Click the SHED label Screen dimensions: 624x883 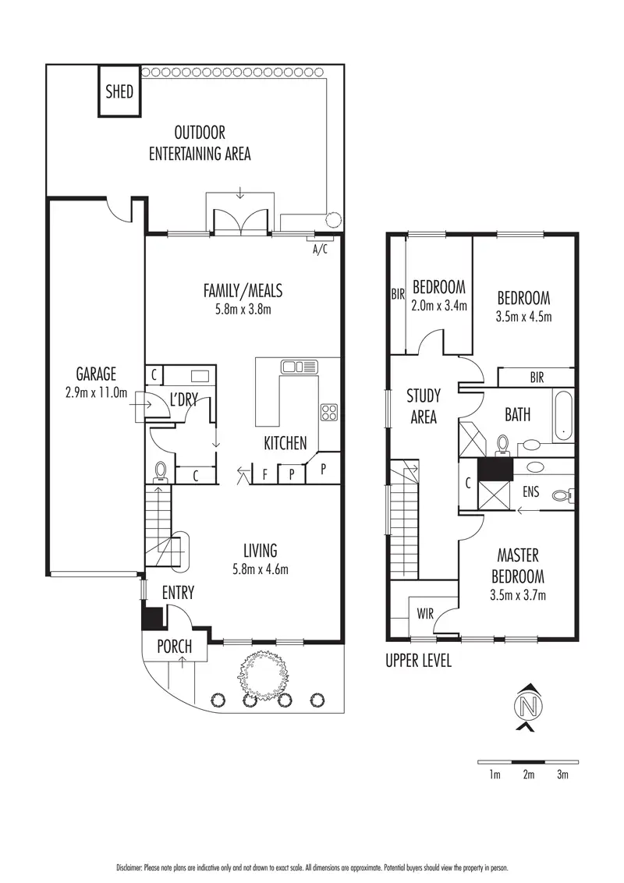(119, 92)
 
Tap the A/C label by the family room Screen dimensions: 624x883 (320, 250)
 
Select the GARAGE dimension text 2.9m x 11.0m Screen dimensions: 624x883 (97, 392)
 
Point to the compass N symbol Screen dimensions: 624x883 (529, 707)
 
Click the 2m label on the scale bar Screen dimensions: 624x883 (528, 775)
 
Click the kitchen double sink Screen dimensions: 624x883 (300, 366)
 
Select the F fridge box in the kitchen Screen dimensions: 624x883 (265, 473)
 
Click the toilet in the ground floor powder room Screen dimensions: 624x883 (161, 471)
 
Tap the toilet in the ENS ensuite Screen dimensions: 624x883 (563, 495)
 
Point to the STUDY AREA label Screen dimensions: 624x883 (423, 406)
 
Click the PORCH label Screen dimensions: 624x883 (175, 647)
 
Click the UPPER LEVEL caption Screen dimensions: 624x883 (418, 661)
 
